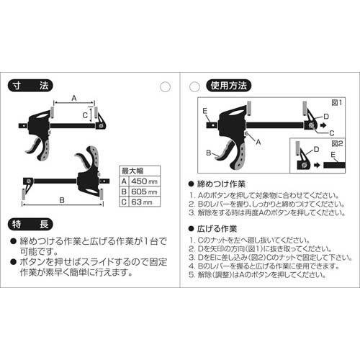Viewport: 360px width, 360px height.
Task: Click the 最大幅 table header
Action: pos(132,171)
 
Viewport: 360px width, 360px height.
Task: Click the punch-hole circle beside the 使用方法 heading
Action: pos(193,86)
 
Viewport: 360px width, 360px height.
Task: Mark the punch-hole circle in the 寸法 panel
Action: pos(165,86)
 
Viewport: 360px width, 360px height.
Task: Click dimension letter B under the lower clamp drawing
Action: pos(63,202)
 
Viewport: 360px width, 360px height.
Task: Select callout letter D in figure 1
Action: pos(325,115)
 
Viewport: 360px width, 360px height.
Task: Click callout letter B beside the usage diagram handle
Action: pos(208,153)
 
